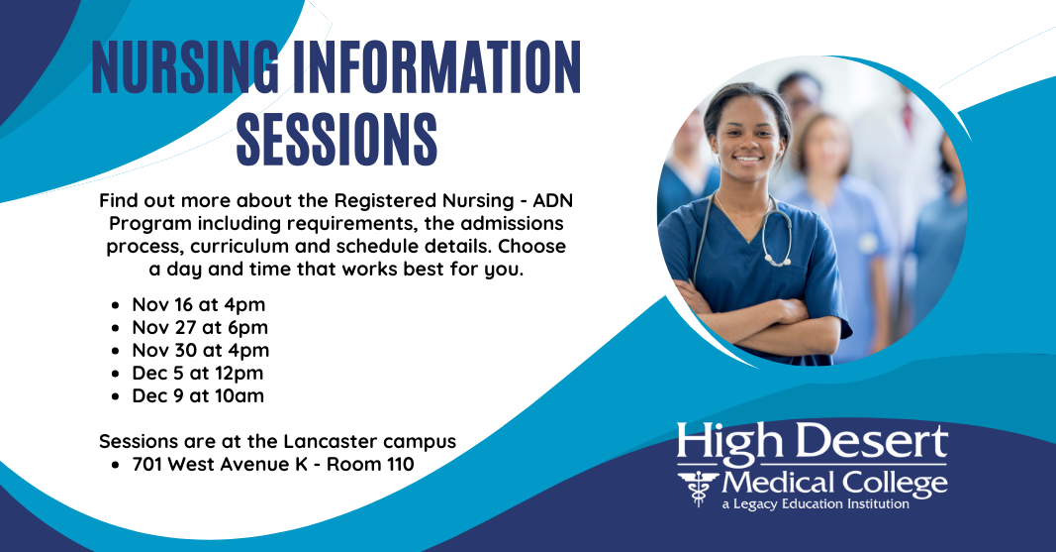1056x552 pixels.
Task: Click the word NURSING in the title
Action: pos(185,66)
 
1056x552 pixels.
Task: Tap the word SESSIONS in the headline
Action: pos(336,140)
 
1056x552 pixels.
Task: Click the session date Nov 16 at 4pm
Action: pos(199,304)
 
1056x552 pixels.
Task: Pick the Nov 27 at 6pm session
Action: pos(200,328)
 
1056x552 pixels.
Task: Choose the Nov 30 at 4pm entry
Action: pos(201,351)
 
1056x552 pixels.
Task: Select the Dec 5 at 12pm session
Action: pos(198,374)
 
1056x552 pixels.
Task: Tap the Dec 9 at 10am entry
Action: pos(198,395)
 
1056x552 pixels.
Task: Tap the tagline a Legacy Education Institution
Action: pos(816,504)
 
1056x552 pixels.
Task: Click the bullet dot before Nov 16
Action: pos(117,305)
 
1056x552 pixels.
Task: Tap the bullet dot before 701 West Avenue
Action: pos(117,465)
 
